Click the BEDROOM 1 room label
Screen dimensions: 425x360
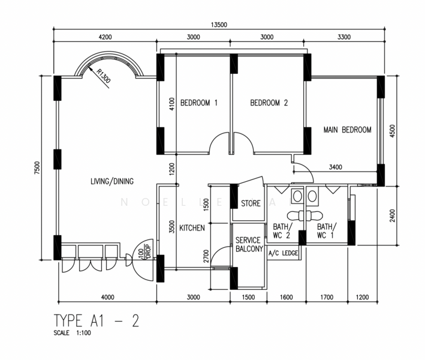click(198, 103)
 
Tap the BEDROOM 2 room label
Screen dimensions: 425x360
click(269, 103)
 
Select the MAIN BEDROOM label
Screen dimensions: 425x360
click(347, 130)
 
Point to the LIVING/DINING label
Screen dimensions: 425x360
click(112, 181)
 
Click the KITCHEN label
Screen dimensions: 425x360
click(192, 228)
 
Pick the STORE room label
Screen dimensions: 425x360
click(251, 203)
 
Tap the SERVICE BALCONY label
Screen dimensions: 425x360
click(249, 244)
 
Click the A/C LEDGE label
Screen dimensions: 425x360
click(283, 253)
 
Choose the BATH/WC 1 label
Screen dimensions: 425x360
click(327, 230)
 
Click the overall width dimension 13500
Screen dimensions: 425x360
click(219, 25)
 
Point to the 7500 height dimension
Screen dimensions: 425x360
click(37, 168)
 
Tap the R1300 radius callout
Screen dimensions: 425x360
click(104, 76)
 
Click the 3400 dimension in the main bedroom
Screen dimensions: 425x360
click(335, 167)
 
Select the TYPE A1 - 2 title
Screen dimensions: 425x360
click(97, 320)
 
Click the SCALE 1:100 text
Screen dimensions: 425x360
click(72, 332)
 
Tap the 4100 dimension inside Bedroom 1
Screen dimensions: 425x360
click(172, 104)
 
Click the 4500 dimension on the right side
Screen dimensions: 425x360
click(393, 131)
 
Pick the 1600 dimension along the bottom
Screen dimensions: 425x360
click(286, 298)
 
